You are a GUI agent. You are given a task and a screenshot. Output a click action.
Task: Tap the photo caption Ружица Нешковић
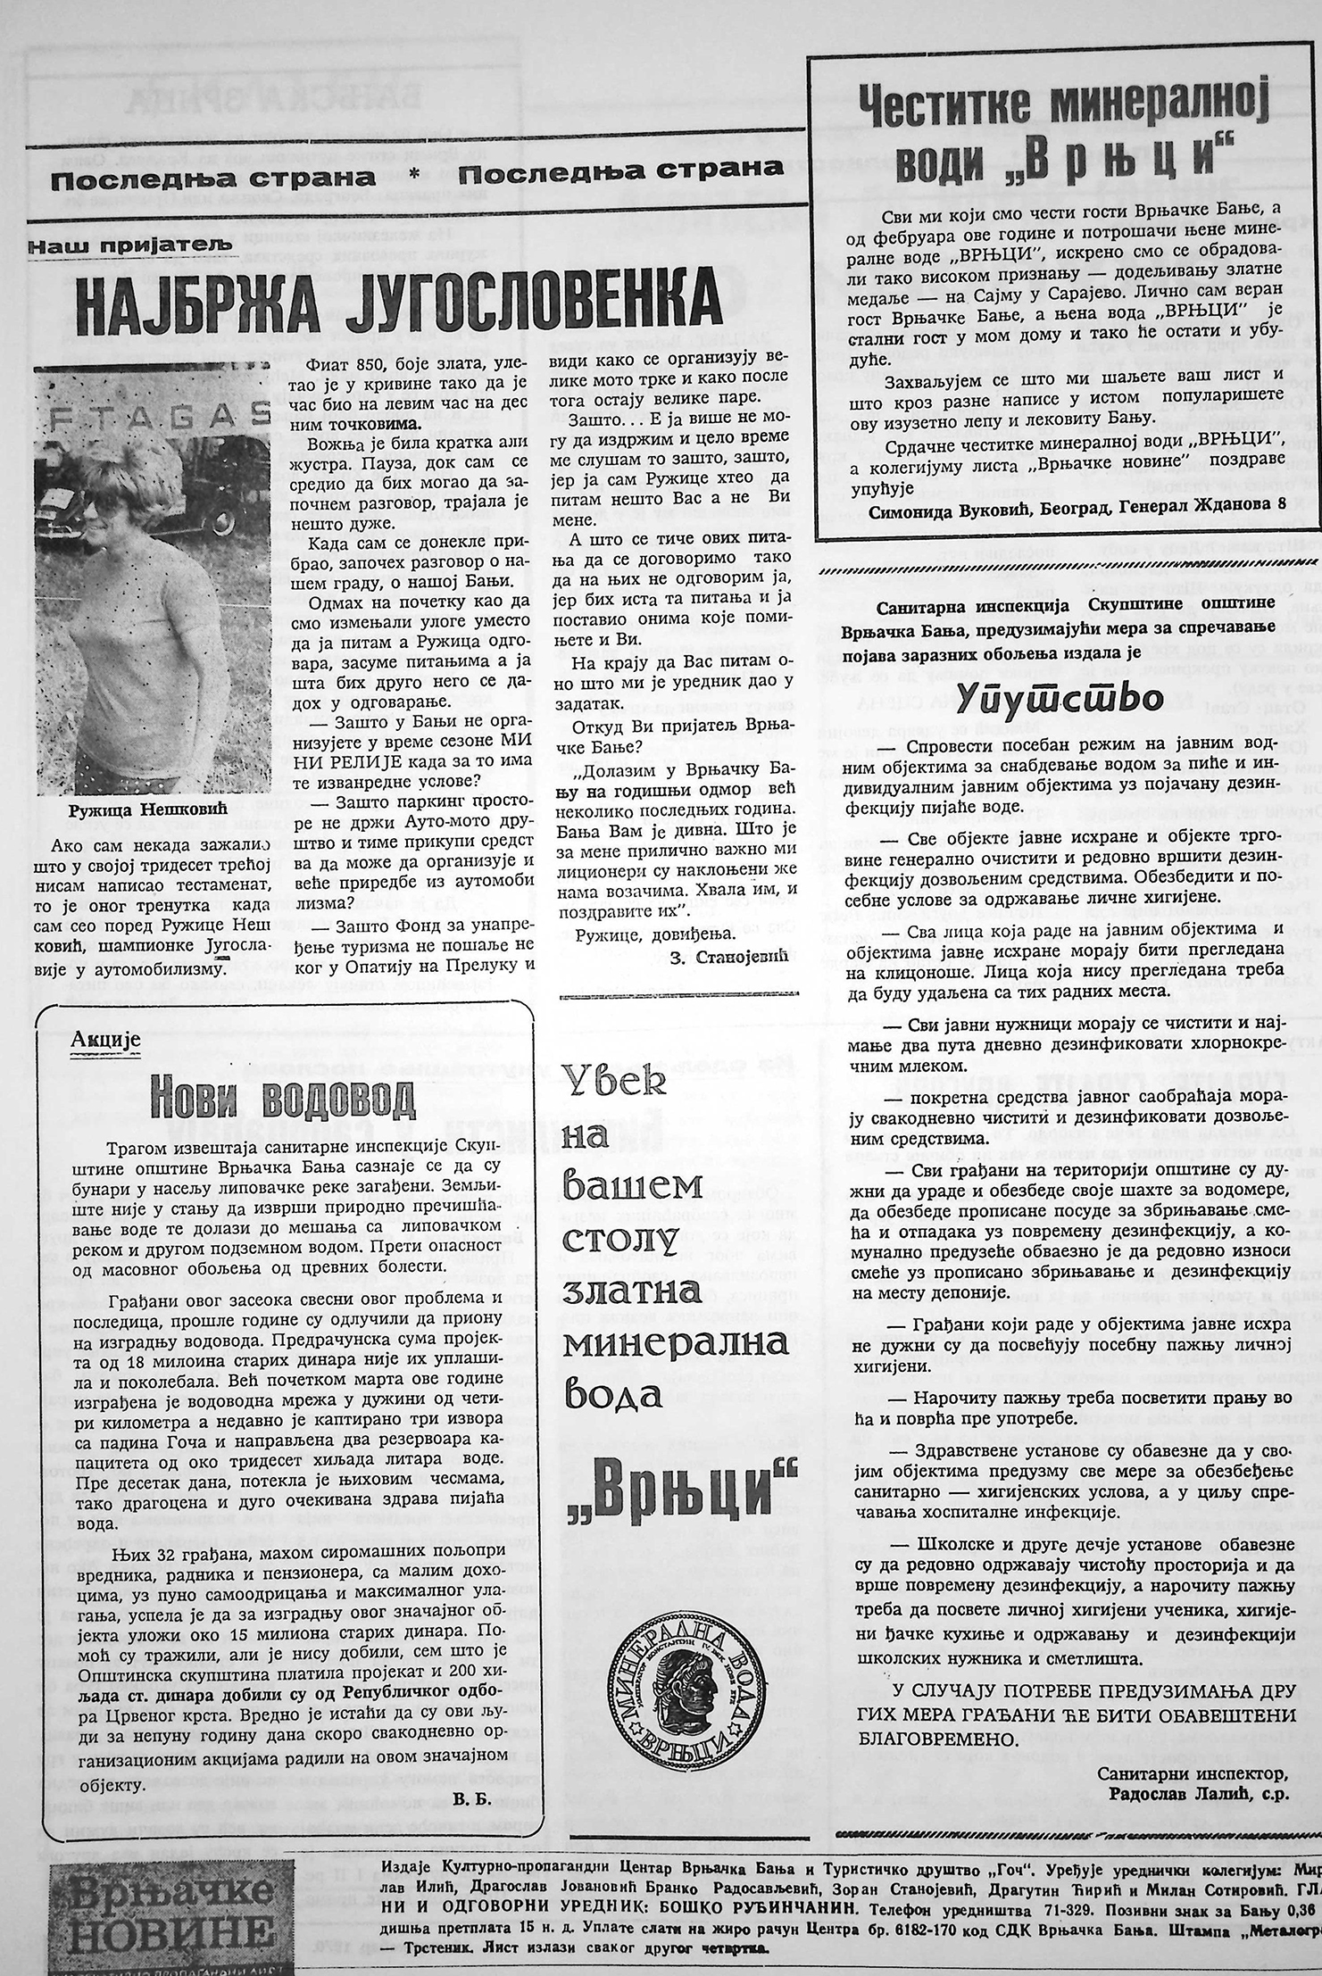(x=148, y=809)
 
